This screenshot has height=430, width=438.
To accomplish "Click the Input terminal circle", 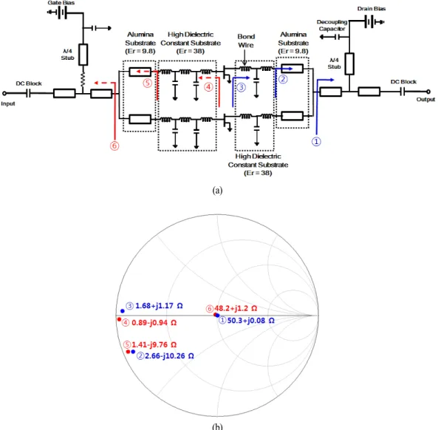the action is (x=4, y=93).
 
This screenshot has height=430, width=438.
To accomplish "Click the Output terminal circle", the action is (x=428, y=92).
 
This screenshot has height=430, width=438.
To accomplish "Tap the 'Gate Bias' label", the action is (x=61, y=3).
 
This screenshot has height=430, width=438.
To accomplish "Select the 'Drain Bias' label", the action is (x=372, y=9).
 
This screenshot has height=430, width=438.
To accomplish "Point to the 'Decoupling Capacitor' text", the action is (x=332, y=25).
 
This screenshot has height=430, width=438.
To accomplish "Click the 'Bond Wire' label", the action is (x=246, y=41).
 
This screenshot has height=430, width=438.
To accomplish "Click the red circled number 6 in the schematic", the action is (x=114, y=146).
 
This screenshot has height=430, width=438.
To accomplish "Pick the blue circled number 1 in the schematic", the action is (x=316, y=142).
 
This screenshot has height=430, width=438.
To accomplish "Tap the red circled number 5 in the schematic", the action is (x=148, y=83).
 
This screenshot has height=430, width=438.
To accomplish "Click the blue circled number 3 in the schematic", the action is (x=241, y=87).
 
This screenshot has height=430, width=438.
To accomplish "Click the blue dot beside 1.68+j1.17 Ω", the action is (x=123, y=311).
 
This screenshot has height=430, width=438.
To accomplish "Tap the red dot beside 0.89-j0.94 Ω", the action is (x=119, y=319).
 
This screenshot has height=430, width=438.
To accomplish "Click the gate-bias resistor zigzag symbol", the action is (x=83, y=79).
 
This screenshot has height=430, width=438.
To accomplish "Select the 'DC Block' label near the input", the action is (x=29, y=83).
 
